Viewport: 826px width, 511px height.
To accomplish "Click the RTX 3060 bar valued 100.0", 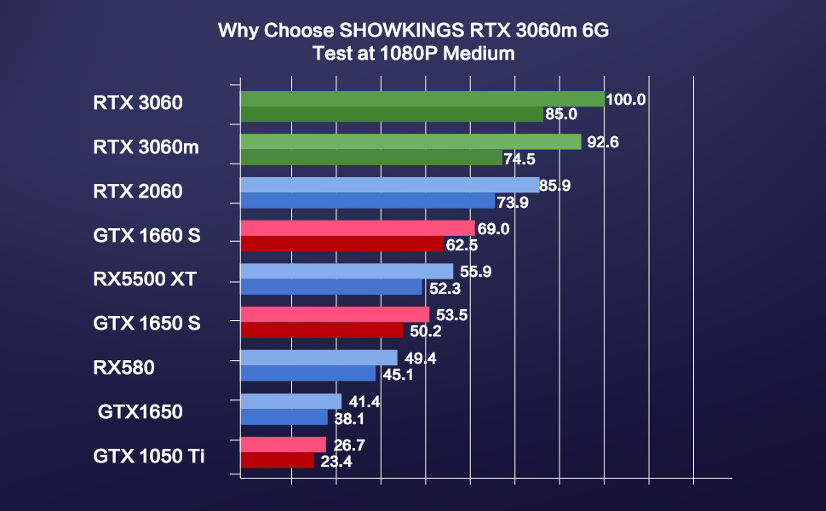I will [x=422, y=99].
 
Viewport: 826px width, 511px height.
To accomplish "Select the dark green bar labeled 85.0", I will [x=391, y=114].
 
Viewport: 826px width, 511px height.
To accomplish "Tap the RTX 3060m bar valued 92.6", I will [x=410, y=141].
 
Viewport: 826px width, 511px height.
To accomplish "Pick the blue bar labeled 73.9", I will [x=367, y=201].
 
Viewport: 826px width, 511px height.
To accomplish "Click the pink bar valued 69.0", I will [x=357, y=228].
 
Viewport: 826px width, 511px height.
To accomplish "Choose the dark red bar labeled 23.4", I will [x=277, y=461].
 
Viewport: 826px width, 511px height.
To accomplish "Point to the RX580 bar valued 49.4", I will [x=318, y=358].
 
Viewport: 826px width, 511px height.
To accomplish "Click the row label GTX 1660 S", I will [x=146, y=235].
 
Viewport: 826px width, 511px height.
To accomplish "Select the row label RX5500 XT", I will [x=150, y=278].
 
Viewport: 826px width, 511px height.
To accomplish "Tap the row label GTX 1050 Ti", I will [x=149, y=456].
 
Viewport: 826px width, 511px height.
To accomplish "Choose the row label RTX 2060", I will [x=138, y=192].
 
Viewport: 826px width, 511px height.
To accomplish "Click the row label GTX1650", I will [x=141, y=413].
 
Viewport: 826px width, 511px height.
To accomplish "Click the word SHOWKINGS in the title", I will [x=403, y=32].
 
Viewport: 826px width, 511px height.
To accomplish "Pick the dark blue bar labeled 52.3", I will [x=331, y=288].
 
